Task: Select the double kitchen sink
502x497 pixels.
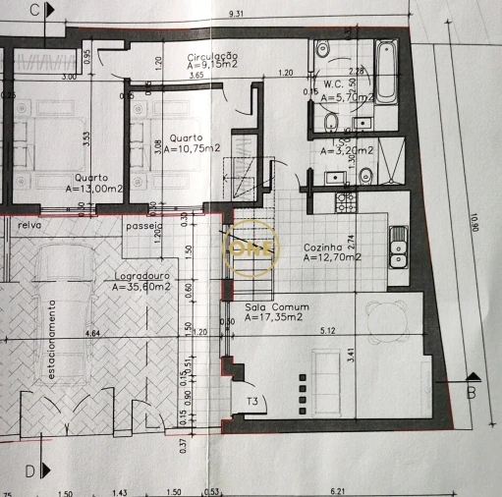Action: point(398,247)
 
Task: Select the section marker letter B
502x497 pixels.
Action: point(472,395)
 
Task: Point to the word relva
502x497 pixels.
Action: point(28,225)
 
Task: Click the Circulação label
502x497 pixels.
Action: point(213,58)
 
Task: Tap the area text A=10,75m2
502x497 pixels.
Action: point(193,149)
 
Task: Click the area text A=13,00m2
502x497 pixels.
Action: point(94,188)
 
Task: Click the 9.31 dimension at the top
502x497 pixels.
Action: point(236,14)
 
